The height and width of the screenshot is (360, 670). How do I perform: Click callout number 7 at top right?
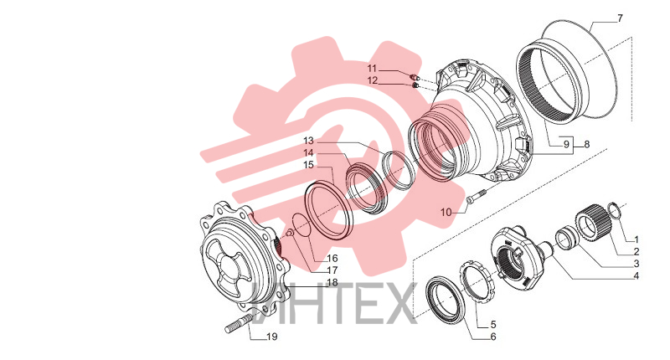(620, 18)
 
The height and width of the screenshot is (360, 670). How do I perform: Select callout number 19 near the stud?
(271, 337)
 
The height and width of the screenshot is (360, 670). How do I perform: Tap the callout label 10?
(446, 213)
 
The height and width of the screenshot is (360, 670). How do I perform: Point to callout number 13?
(308, 141)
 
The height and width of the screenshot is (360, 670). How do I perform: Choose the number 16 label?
(332, 259)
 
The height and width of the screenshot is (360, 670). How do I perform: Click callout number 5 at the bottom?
(492, 325)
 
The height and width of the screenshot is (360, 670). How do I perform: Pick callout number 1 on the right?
(636, 239)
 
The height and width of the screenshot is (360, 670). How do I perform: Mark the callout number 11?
(372, 69)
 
